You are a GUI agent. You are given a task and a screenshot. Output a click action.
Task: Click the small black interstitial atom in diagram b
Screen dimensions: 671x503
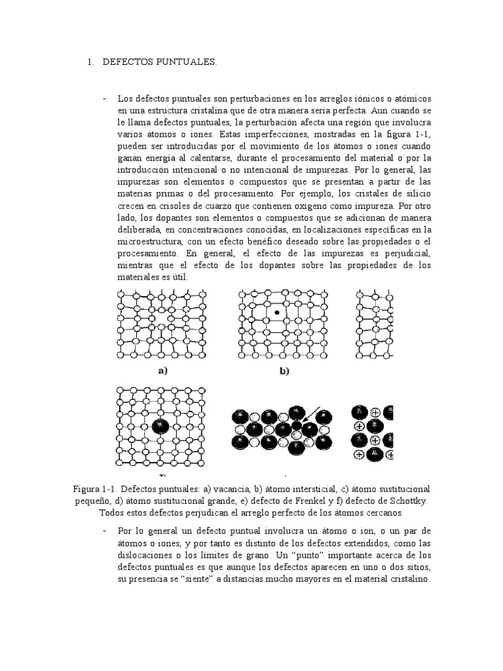point(278,313)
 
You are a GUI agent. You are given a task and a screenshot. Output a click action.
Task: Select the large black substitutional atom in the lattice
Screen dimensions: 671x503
point(160,426)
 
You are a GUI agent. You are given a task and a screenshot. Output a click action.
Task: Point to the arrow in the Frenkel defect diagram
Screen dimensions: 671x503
point(313,413)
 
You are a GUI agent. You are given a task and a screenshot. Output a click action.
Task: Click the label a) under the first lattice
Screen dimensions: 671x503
point(163,370)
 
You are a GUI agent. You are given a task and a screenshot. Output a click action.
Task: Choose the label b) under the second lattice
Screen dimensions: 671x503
point(284,371)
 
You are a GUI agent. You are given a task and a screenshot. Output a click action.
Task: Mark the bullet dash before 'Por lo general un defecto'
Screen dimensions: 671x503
point(105,529)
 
